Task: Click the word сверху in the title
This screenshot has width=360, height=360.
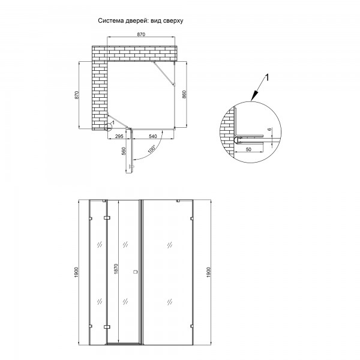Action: [x=173, y=21]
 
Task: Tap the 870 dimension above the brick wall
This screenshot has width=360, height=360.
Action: [x=141, y=34]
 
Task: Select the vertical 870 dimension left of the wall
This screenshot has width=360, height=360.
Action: [x=77, y=95]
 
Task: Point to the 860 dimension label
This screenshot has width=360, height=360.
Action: [x=184, y=95]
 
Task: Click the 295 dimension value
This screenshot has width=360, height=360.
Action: [x=119, y=136]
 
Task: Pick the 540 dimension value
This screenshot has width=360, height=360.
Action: [x=152, y=136]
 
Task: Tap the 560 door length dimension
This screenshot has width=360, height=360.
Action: [x=124, y=151]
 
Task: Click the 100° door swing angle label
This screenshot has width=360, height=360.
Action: [x=152, y=149]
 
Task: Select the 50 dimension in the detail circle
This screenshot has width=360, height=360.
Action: [x=248, y=149]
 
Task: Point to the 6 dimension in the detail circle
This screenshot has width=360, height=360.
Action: [x=269, y=129]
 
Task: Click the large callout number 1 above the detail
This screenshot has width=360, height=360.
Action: [x=267, y=77]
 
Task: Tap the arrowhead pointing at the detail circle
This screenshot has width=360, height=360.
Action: [x=254, y=96]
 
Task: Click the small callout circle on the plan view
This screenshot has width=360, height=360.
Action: [x=107, y=127]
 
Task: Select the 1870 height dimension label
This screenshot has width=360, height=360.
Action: [x=116, y=269]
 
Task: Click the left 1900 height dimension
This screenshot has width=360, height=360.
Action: [x=76, y=272]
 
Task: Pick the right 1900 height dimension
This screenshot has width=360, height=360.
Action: [x=208, y=272]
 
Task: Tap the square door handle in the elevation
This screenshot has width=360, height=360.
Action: [x=136, y=272]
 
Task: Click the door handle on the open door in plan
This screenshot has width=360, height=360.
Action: [x=131, y=166]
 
